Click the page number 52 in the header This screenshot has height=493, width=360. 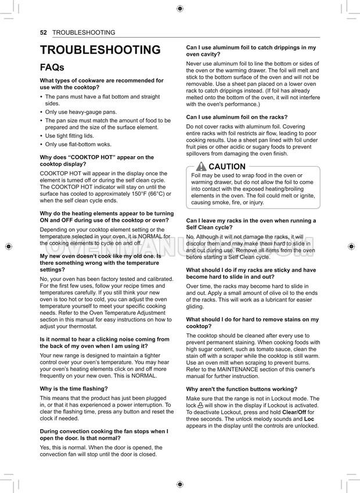[43, 33]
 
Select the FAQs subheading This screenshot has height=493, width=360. [52, 67]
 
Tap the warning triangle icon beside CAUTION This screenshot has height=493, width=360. [201, 167]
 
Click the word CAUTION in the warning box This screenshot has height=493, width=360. [227, 167]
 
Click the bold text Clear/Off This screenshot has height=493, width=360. [297, 412]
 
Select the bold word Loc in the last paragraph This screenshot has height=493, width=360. [309, 419]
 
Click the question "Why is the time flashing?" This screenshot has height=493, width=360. [74, 388]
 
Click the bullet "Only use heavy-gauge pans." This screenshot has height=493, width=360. [81, 112]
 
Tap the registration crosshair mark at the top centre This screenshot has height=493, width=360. [180, 9]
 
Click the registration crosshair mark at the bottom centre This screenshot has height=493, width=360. [180, 484]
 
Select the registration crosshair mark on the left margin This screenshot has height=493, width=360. [8, 246]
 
